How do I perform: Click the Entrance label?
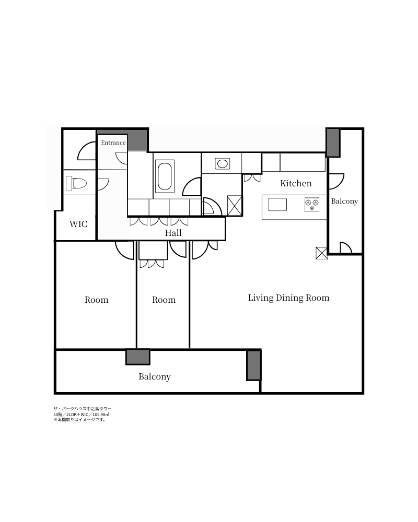click(113, 143)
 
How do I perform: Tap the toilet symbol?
click(76, 183)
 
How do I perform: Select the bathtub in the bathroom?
click(166, 176)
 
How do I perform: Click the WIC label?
click(78, 224)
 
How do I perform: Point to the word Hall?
click(173, 233)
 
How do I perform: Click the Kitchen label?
click(296, 183)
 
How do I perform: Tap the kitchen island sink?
click(277, 205)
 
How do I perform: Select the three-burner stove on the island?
click(311, 205)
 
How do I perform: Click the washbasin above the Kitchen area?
click(223, 163)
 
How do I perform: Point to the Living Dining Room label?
click(288, 298)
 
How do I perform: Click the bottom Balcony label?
click(155, 376)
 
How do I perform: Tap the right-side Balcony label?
click(344, 201)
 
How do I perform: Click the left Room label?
click(96, 300)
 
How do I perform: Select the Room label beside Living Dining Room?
click(164, 300)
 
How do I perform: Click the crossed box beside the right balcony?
click(322, 253)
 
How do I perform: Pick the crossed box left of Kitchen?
click(234, 205)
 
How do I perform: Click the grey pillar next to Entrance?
click(137, 140)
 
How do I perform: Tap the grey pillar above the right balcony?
click(333, 143)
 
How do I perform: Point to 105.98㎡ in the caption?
click(101, 414)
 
